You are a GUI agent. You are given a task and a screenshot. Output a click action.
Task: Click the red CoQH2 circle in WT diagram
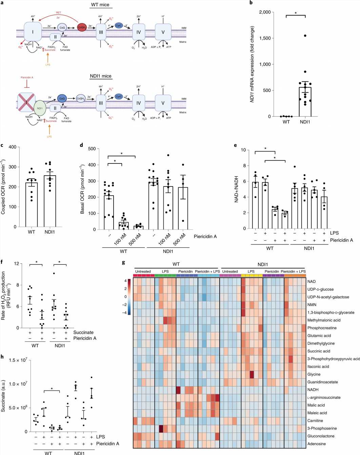click(82, 27)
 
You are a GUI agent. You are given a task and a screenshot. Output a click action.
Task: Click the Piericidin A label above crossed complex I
click(27, 78)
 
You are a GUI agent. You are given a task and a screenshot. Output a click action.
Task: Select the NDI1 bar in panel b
click(305, 102)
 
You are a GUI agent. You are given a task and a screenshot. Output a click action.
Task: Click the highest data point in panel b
click(305, 36)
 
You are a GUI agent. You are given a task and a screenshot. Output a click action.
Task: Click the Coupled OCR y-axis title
click(3, 187)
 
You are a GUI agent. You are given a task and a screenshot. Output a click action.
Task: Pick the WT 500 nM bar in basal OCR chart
click(138, 227)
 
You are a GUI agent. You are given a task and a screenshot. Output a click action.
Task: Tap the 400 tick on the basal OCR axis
click(92, 165)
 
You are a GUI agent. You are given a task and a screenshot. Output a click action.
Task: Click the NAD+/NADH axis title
click(236, 189)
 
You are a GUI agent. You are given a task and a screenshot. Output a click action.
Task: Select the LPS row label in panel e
click(334, 233)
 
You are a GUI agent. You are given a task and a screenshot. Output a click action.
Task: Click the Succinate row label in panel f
click(83, 332)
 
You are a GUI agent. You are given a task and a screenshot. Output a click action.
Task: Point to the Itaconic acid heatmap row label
click(318, 367)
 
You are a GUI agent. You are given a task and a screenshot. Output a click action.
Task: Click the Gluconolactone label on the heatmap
click(321, 436)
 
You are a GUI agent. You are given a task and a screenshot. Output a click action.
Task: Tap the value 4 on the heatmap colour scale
click(125, 281)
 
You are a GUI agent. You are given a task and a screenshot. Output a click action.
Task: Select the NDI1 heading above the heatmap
click(263, 264)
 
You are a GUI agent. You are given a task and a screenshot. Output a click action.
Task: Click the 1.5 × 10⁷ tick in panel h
click(18, 360)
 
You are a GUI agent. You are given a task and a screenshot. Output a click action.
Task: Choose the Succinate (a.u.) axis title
click(3, 396)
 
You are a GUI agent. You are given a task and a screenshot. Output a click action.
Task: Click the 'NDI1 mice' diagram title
click(101, 76)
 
